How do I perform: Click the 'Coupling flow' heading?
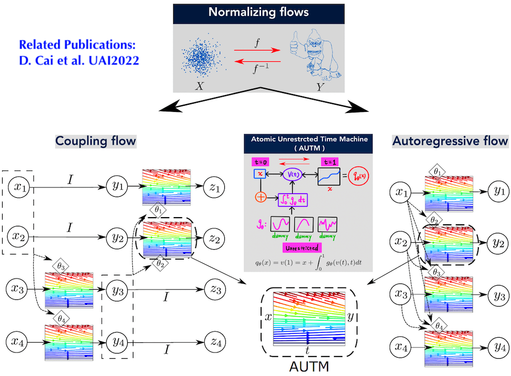click(96, 140)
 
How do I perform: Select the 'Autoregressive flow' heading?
click(450, 140)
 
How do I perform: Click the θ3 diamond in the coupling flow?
click(61, 266)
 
